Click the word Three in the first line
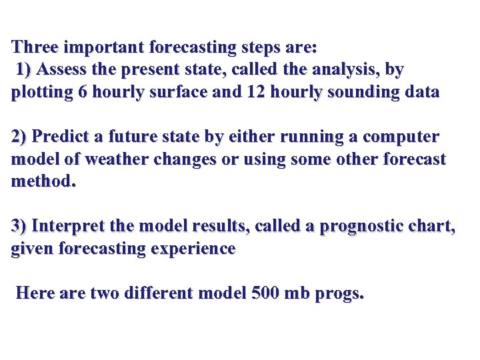click(35, 48)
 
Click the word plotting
click(41, 92)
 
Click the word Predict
click(62, 137)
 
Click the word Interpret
click(68, 227)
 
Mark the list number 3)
click(19, 227)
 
